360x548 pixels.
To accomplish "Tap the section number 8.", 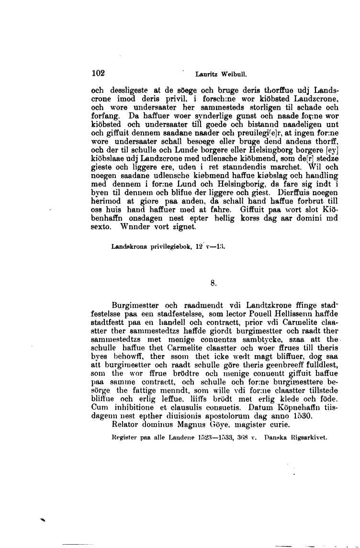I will point(214,283).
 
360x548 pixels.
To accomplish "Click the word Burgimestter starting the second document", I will point(132,304).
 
